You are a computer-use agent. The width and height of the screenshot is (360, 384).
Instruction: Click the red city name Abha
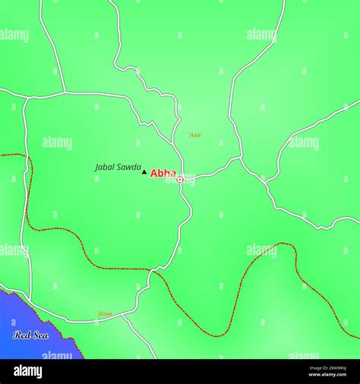[163, 173]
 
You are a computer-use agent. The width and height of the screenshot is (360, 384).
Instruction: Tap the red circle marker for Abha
[180, 180]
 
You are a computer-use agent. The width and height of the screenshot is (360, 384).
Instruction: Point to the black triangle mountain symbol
[144, 172]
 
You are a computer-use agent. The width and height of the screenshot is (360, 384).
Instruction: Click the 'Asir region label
[194, 135]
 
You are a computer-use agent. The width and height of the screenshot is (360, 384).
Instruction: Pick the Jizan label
[105, 313]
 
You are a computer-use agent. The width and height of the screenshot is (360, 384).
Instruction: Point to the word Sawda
[127, 167]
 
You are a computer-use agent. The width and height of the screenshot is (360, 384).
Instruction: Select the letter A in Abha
[154, 173]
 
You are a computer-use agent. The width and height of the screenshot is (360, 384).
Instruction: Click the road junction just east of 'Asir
[242, 158]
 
